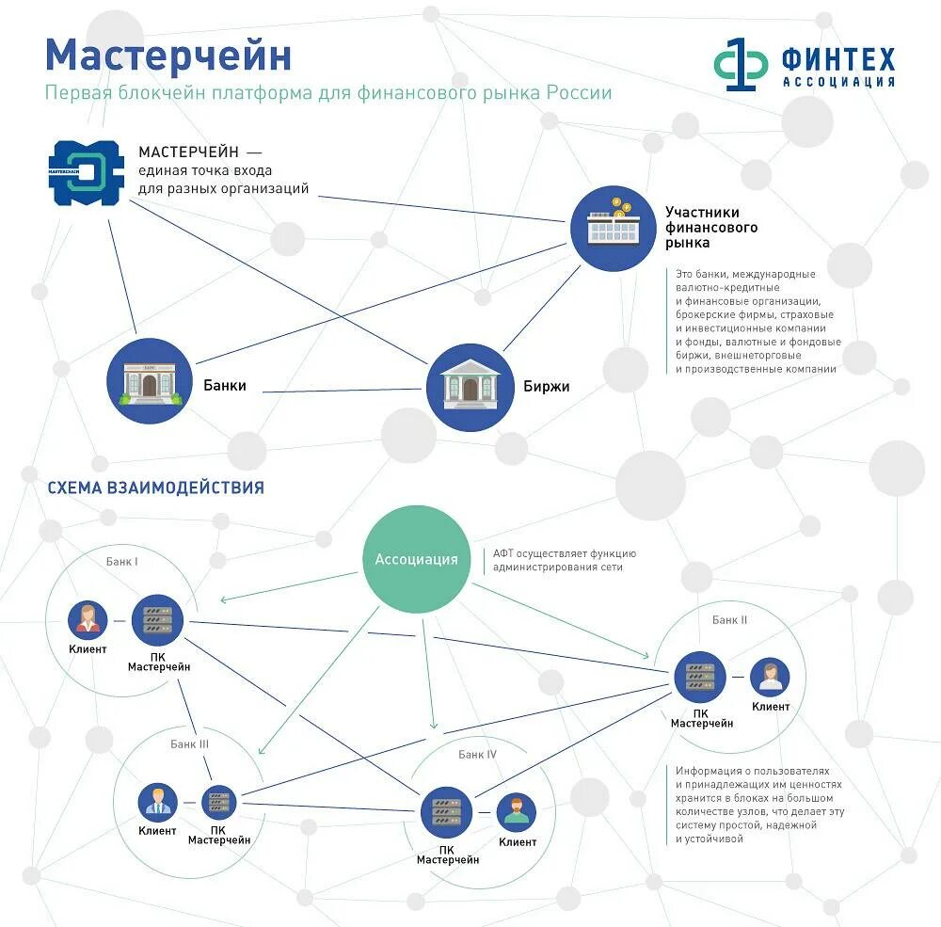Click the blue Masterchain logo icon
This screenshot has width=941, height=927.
(87, 173)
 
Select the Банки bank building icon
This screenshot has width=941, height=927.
(150, 380)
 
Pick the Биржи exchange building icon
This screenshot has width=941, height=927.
(470, 387)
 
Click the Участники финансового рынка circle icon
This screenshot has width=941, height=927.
(612, 229)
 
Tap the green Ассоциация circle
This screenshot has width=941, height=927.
(416, 559)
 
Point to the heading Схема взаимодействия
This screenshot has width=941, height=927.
(155, 487)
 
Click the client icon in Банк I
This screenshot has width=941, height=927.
(88, 619)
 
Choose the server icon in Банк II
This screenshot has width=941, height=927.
(700, 677)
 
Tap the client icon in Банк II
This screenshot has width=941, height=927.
(770, 677)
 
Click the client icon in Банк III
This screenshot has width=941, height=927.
(157, 802)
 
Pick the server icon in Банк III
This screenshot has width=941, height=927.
(219, 802)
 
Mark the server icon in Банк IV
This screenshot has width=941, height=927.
(445, 811)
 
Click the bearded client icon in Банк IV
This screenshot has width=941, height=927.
(516, 811)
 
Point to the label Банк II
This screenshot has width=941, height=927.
(729, 620)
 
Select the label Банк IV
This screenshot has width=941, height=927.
(477, 754)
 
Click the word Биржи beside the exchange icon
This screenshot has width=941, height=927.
(546, 386)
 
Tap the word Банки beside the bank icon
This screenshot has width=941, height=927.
(225, 385)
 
